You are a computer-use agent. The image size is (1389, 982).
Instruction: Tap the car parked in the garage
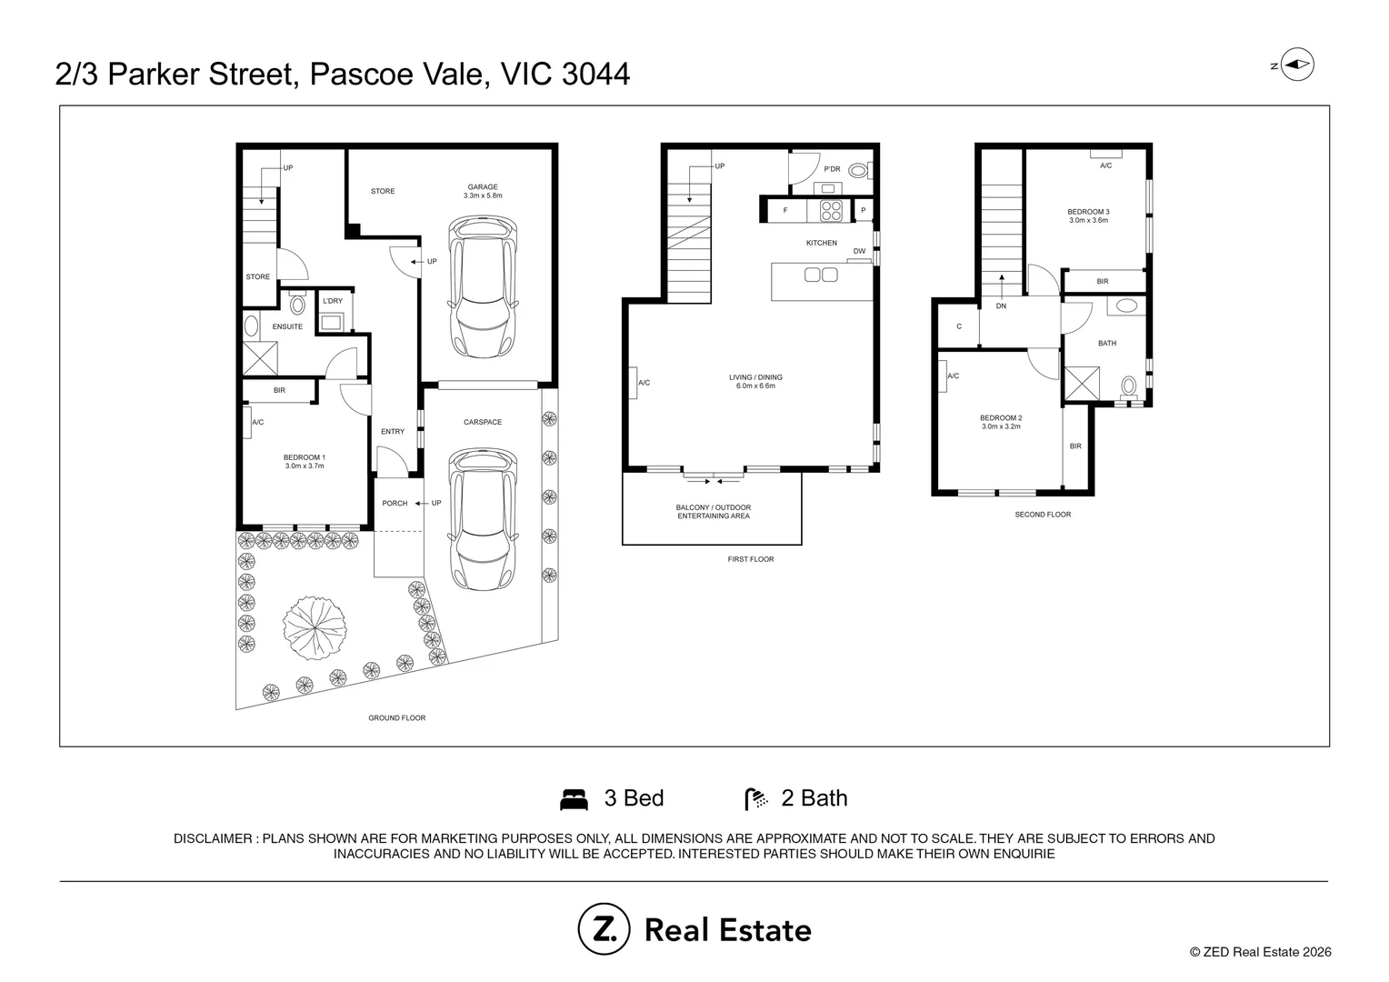[483, 286]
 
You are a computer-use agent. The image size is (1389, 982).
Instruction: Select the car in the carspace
[483, 520]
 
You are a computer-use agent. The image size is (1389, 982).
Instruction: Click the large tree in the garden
[315, 627]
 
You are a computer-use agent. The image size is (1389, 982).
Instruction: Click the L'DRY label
[333, 301]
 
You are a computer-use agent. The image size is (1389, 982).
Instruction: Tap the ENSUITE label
[288, 326]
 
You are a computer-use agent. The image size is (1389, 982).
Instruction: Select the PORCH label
[395, 503]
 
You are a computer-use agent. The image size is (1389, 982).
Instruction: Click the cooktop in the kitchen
[831, 211]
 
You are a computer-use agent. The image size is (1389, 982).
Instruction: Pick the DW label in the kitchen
[859, 251]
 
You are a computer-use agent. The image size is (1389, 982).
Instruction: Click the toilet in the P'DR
[859, 170]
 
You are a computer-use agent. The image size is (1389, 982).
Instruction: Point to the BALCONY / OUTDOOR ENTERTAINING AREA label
[713, 512]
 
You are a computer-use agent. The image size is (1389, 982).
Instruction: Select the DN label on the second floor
[1002, 306]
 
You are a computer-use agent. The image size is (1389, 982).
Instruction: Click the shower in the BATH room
[1082, 384]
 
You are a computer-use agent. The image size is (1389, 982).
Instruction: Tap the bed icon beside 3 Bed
[574, 799]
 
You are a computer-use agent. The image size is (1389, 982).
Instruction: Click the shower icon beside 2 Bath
[756, 799]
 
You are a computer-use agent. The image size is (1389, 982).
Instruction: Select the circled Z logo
[604, 929]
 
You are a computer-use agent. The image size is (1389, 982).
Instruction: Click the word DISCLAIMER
[213, 838]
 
